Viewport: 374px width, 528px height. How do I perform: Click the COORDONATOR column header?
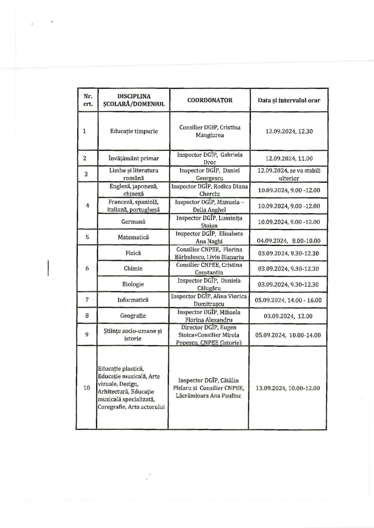(x=210, y=100)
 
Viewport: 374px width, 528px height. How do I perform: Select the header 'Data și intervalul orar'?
(x=289, y=100)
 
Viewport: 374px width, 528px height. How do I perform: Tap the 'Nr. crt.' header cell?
(x=88, y=100)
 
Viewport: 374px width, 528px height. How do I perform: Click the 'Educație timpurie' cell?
(x=134, y=131)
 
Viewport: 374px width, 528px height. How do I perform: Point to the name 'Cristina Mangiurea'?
(x=210, y=131)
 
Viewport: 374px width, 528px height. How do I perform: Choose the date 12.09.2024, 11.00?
(x=289, y=158)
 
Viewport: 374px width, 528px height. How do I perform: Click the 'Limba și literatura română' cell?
(x=134, y=174)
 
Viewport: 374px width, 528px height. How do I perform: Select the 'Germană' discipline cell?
(x=133, y=222)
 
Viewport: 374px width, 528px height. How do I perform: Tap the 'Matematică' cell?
(x=133, y=237)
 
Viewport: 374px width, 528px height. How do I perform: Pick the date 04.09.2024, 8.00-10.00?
(x=289, y=241)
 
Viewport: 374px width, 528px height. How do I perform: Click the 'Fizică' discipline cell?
(x=133, y=253)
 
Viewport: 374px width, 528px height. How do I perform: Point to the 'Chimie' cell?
(x=133, y=269)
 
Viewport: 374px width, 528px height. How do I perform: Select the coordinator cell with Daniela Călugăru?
(x=209, y=284)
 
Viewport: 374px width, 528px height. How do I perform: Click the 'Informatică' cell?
(x=133, y=300)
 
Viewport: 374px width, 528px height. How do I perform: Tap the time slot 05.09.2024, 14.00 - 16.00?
(x=288, y=300)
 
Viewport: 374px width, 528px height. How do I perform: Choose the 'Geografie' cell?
(x=133, y=316)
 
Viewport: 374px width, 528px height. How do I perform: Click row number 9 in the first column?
(x=87, y=334)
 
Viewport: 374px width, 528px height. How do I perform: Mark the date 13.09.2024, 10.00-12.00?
(x=287, y=388)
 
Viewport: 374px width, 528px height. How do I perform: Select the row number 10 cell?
(x=87, y=388)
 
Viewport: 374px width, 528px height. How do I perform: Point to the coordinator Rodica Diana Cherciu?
(x=210, y=190)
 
